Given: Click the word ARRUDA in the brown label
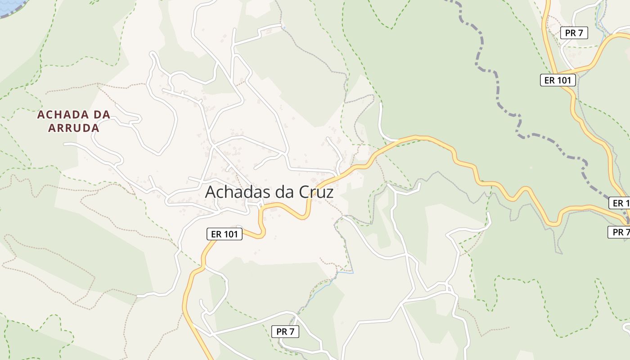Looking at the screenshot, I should point(73,128).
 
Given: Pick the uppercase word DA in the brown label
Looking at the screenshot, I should point(102,115).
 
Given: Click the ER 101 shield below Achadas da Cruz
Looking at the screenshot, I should point(224,234).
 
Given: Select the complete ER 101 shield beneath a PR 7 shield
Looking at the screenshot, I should point(558,80).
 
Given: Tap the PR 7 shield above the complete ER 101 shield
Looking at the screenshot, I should point(574,32).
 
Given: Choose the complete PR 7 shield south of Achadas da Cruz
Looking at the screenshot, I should point(285,332).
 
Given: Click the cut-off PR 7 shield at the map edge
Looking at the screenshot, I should point(619,232).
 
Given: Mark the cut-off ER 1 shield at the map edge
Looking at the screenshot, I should point(620,203).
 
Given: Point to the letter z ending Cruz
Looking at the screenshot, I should point(329,193).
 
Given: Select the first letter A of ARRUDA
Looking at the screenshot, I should point(52,128).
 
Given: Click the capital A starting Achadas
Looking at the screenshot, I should point(211,192).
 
